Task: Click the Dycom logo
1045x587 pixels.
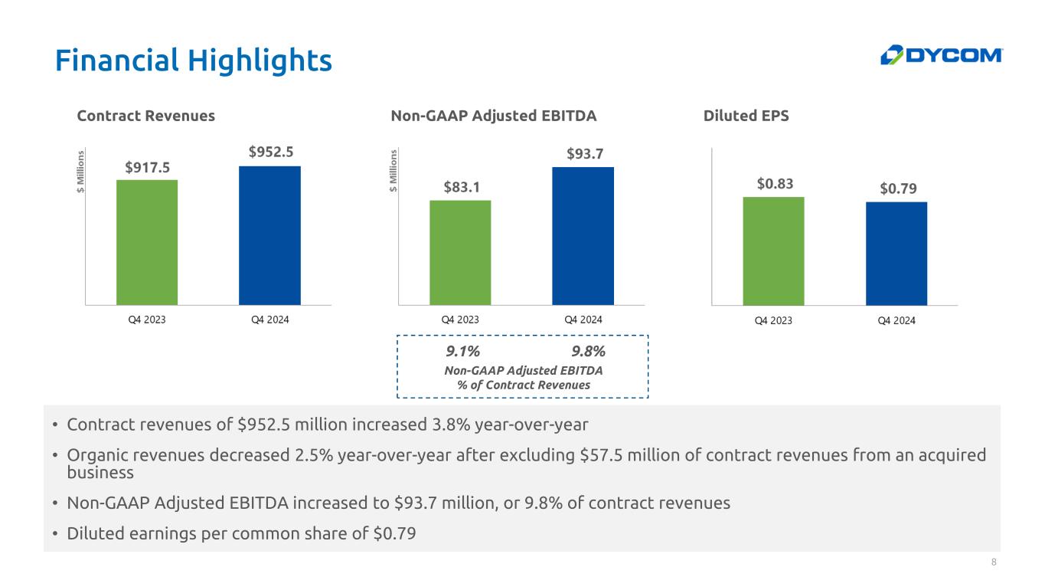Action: coord(941,55)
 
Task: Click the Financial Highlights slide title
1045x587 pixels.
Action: coord(193,60)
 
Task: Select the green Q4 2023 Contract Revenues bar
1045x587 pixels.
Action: coord(147,242)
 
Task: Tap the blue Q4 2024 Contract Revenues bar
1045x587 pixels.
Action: coord(269,235)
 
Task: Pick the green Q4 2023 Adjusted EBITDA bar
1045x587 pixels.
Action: coord(460,253)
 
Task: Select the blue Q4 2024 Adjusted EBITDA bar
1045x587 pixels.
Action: coord(583,236)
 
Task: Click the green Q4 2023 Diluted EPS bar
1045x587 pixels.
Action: coord(773,251)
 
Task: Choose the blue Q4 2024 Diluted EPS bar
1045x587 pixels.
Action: coord(896,254)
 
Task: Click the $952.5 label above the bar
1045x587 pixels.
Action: coord(270,152)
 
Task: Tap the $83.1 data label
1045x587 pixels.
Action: coord(461,187)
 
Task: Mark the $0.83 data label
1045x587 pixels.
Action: coord(774,184)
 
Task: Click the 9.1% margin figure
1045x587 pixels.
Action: coord(462,352)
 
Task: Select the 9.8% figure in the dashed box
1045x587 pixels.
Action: coord(589,352)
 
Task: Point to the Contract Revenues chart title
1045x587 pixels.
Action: coord(146,116)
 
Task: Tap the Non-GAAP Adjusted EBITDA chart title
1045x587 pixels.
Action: coord(493,116)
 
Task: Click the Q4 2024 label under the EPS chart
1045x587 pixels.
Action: coord(896,320)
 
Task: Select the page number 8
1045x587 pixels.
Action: coord(994,562)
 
